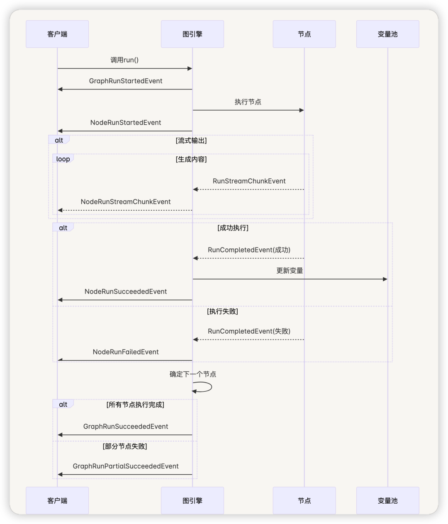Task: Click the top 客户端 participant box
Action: pos(57,34)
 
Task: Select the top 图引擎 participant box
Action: pos(192,34)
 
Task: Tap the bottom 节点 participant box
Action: pos(304,501)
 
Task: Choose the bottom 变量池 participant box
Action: pos(387,501)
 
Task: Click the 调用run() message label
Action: pos(124,60)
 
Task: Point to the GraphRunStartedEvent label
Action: pos(126,81)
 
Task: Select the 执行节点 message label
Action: pos(248,102)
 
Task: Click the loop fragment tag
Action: pos(63,159)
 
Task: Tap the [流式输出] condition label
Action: pos(191,141)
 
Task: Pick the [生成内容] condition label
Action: pos(191,159)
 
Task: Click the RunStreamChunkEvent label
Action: pos(249,181)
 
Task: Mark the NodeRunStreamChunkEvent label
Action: pos(126,202)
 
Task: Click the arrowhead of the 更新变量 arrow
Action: pos(385,279)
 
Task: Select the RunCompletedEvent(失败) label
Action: pos(249,331)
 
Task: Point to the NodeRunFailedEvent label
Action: pos(126,352)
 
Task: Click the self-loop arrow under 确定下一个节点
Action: pos(211,387)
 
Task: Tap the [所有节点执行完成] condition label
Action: pos(135,405)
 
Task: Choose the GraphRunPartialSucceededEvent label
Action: pos(126,466)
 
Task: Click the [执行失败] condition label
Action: pos(222,311)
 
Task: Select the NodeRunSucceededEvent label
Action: pos(126,291)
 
